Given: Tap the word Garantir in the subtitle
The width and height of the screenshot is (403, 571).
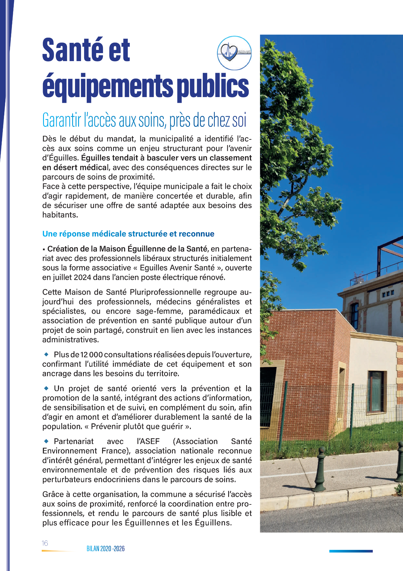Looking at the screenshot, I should (62, 120).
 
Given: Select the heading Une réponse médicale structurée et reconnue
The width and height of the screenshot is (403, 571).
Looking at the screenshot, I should (128, 234).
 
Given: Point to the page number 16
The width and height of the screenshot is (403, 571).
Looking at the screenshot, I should (45, 543).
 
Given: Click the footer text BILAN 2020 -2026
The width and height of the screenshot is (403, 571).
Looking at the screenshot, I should (106, 548).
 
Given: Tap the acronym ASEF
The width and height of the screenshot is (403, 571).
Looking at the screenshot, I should (148, 441).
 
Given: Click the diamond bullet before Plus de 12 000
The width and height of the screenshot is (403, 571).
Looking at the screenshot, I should (46, 354).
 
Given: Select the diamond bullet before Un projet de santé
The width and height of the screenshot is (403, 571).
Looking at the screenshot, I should (46, 388).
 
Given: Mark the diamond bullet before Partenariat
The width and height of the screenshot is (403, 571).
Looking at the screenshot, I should (46, 441).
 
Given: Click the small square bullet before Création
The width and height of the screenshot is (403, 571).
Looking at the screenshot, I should (44, 250).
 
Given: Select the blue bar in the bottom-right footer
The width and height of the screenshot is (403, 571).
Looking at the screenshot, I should (351, 551).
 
